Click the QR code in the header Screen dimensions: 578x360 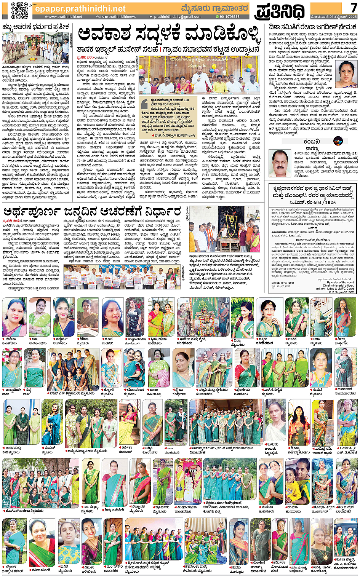pyautogui.click(x=19, y=10)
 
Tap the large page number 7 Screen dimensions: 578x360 pyautogui.click(x=354, y=8)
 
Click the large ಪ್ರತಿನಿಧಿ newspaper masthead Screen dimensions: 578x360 pyautogui.click(x=280, y=11)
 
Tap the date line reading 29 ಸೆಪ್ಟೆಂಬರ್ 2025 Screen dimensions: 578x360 pyautogui.click(x=334, y=17)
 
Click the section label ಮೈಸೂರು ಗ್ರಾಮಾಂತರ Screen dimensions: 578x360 pyautogui.click(x=215, y=8)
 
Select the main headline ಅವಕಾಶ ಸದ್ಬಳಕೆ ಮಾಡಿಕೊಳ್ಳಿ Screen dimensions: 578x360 pyautogui.click(x=169, y=35)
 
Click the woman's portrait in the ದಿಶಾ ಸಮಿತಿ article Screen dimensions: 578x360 pyautogui.click(x=346, y=75)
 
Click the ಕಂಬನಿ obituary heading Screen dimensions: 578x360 pyautogui.click(x=312, y=141)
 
